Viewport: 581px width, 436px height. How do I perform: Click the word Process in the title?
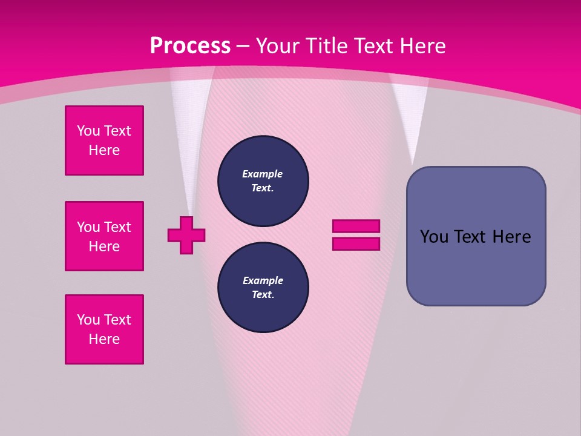tap(190, 46)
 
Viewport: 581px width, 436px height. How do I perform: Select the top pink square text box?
tap(104, 140)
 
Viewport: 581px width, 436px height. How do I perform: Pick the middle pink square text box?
tap(104, 236)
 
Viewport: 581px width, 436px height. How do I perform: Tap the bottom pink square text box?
tap(104, 329)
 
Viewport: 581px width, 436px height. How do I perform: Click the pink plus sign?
tap(186, 235)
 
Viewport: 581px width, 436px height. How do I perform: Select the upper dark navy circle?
tap(263, 181)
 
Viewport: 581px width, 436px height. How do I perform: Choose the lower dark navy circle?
tap(263, 288)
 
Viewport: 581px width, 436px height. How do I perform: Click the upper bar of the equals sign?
tap(356, 226)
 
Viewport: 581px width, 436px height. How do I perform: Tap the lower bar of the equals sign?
tap(356, 244)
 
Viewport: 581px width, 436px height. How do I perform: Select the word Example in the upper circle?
tap(263, 174)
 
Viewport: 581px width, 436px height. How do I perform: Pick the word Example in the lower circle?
tap(263, 281)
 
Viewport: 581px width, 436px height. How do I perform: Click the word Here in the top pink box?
tap(104, 151)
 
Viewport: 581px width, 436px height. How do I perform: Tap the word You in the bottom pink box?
tap(88, 320)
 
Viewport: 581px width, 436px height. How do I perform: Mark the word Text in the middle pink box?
tap(117, 227)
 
